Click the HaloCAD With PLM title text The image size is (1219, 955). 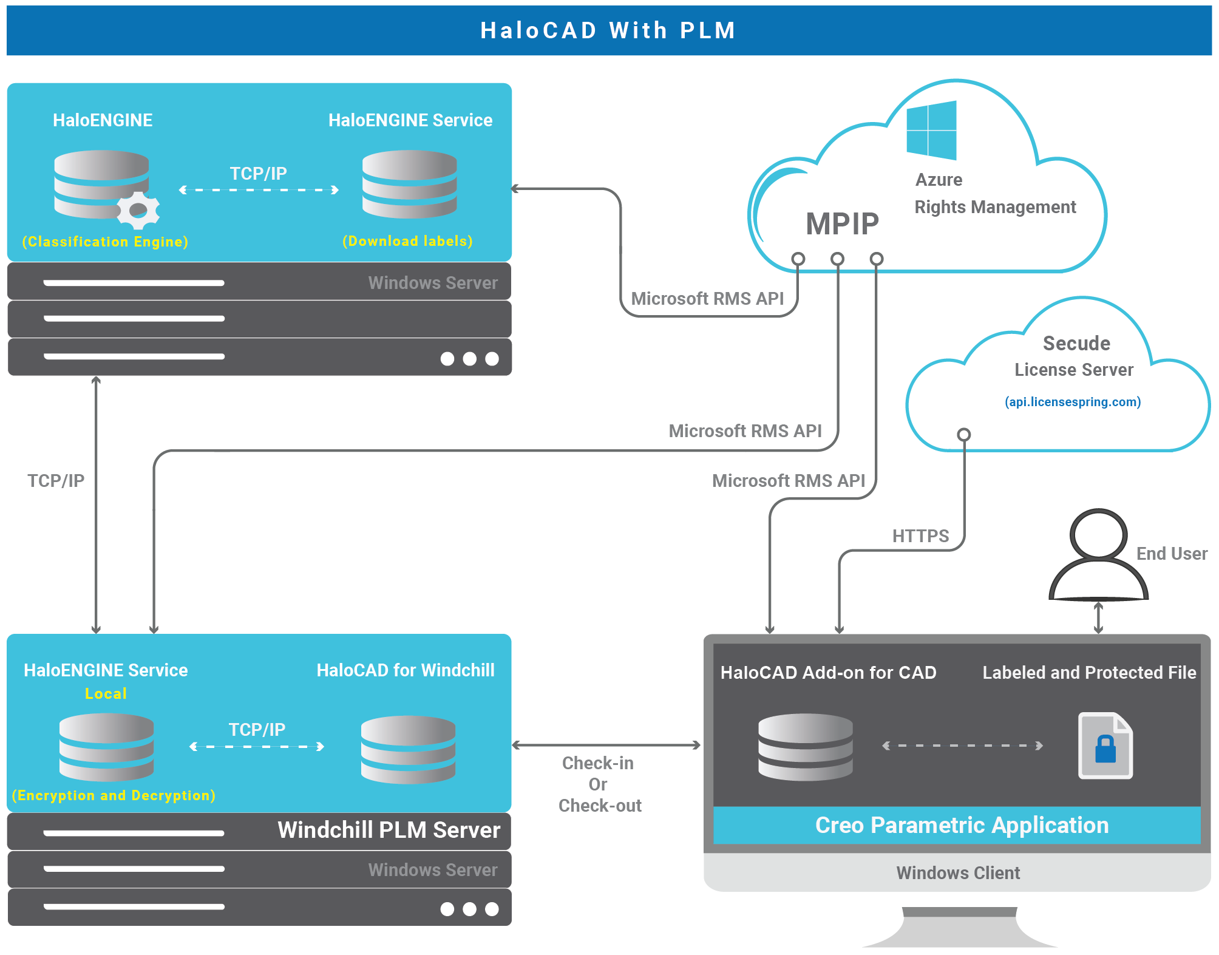(608, 30)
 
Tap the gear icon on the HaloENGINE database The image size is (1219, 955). (138, 211)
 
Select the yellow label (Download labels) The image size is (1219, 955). (407, 241)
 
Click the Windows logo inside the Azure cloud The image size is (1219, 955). (931, 130)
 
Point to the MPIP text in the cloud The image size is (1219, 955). (842, 223)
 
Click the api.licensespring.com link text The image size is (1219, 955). (1073, 402)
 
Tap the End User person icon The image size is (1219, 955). (1098, 555)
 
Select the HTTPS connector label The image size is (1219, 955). (920, 536)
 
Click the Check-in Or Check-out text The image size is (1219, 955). (599, 784)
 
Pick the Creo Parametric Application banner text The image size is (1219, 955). (962, 825)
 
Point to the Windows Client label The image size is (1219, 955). (958, 873)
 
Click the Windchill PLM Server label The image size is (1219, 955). (389, 830)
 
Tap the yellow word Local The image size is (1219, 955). (106, 693)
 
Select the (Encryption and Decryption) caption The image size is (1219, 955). (114, 795)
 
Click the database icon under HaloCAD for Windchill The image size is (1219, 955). (408, 749)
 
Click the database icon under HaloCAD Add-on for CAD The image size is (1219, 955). (805, 747)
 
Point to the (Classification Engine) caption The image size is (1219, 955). (105, 242)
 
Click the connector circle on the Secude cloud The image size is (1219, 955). (963, 435)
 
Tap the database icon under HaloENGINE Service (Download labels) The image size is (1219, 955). (409, 184)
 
